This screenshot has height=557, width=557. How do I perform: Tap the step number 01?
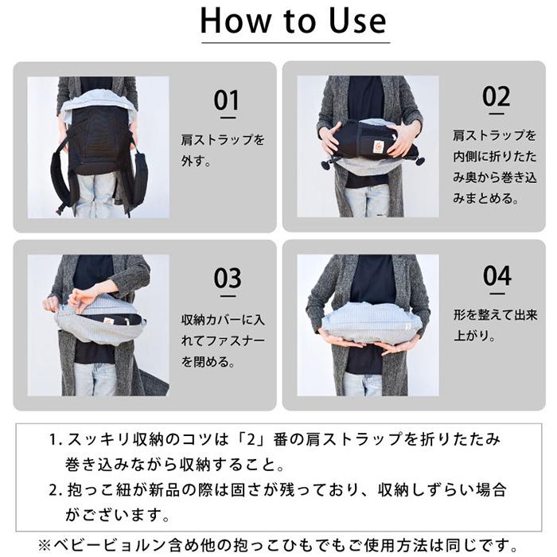click(227, 101)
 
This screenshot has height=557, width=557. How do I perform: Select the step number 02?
click(496, 97)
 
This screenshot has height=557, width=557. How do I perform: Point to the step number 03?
click(227, 279)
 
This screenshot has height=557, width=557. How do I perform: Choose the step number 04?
click(497, 275)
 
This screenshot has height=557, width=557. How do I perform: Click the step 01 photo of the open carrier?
click(99, 147)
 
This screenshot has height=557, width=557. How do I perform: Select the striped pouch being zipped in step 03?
click(99, 317)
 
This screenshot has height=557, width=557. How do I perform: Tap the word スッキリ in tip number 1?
click(102, 439)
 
